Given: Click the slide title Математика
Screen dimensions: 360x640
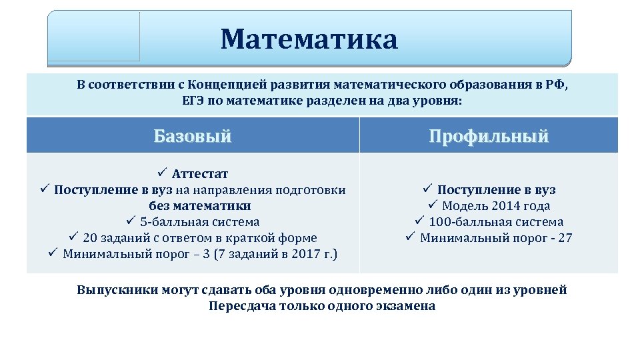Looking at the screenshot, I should coord(309,39).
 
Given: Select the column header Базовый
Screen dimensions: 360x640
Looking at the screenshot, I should coord(193,137).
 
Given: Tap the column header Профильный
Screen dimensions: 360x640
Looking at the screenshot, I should coord(489,137).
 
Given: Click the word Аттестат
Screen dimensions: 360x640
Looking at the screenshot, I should coord(200,174).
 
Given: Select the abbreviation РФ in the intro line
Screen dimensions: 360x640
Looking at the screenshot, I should coord(559,85).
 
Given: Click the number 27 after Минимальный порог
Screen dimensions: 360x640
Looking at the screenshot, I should coord(565,238).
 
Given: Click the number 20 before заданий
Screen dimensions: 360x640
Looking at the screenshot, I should coord(91,238).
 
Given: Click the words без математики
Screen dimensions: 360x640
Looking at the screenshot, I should coord(200,206).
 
